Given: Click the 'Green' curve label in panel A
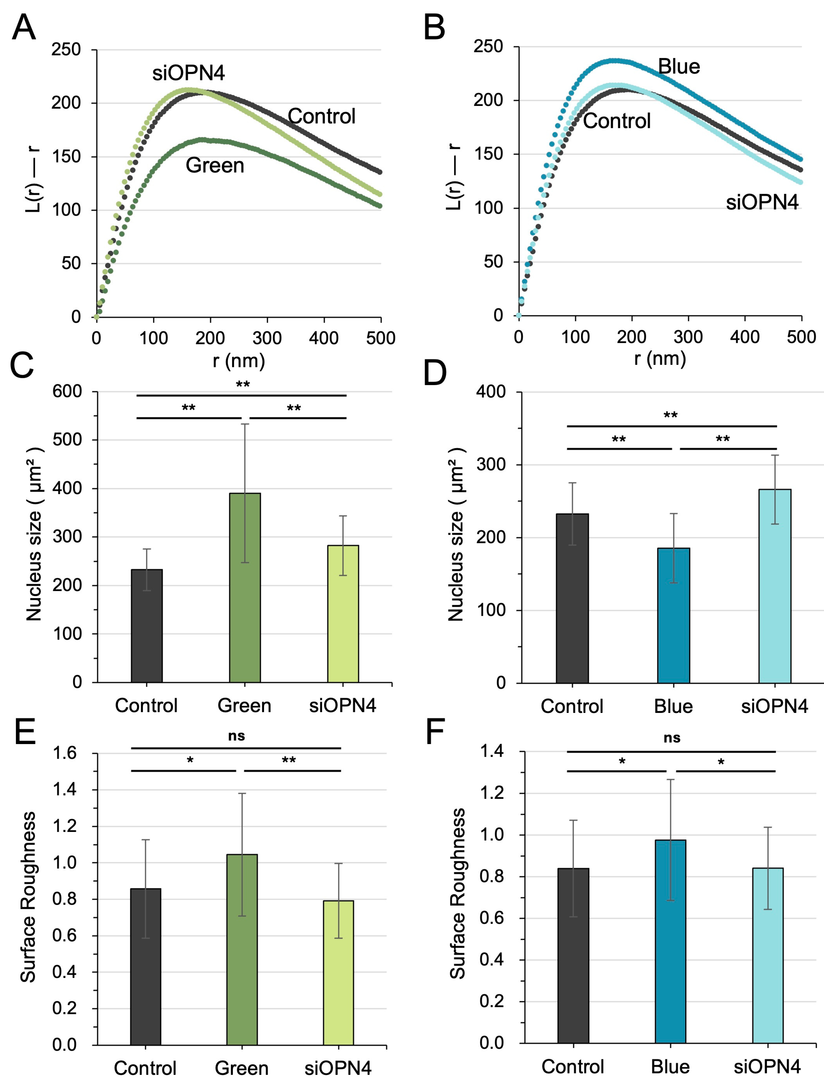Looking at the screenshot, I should (215, 165).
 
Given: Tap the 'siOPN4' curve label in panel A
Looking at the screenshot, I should (188, 73).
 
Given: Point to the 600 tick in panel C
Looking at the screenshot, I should (67, 392).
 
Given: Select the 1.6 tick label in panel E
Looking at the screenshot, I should (65, 753).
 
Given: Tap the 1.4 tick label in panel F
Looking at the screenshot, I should (492, 751).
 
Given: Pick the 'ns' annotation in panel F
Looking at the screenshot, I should (672, 738).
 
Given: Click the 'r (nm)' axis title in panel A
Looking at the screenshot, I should (239, 361).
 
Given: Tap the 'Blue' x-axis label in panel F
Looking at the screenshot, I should (670, 1066).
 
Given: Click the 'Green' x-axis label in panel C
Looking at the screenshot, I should (244, 705).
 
